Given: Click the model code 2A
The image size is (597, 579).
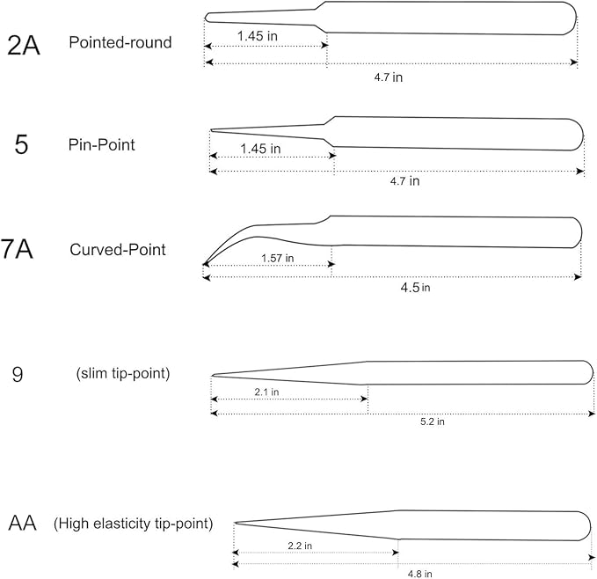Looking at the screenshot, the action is click(x=24, y=46).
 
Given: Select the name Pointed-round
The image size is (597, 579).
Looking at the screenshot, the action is click(x=120, y=42).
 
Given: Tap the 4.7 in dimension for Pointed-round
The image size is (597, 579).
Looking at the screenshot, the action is click(x=388, y=77).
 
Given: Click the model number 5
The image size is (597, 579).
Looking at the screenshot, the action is click(x=21, y=144).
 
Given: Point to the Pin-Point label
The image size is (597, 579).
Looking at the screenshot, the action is click(x=102, y=144).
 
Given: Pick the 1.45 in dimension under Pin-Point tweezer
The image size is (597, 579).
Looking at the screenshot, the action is click(x=260, y=149).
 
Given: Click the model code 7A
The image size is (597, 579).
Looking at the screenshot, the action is click(x=17, y=249).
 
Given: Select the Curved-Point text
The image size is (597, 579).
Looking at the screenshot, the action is click(x=118, y=250).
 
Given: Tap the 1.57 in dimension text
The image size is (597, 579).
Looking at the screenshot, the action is click(x=278, y=258).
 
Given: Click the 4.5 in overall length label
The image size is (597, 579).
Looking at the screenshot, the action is click(x=415, y=287).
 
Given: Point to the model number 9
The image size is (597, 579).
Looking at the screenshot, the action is click(x=18, y=374).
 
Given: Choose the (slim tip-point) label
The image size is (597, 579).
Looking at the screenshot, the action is click(x=123, y=373).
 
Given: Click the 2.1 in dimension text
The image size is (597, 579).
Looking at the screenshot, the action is click(x=266, y=392).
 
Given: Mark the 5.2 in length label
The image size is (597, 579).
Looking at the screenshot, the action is click(x=432, y=421).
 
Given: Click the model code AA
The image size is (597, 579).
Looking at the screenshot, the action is click(x=23, y=523).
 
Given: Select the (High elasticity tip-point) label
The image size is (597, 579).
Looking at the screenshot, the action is click(x=134, y=524).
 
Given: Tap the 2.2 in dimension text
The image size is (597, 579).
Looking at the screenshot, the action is click(x=300, y=546).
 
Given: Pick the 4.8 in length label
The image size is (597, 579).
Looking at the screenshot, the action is click(x=420, y=574).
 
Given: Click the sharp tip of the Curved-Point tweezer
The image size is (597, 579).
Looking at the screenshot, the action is click(x=204, y=264).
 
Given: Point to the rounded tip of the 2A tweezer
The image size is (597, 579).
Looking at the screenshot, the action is click(x=206, y=17).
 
